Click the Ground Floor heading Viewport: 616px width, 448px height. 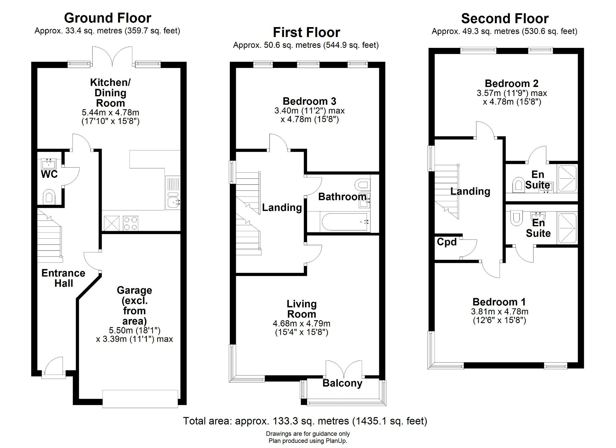click(x=107, y=18)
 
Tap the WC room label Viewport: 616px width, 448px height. click(x=49, y=174)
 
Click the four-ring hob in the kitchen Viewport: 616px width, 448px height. click(x=131, y=223)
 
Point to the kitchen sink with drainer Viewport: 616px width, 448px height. click(x=173, y=193)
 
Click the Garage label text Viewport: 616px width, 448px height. click(x=134, y=290)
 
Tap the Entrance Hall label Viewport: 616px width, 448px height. click(x=63, y=278)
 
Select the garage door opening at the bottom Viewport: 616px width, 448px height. click(x=140, y=399)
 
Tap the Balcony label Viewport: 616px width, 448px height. click(x=342, y=383)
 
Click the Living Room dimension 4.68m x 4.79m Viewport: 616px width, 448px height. click(x=301, y=324)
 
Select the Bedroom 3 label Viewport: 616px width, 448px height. click(x=309, y=101)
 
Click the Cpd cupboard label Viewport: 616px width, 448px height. click(x=447, y=242)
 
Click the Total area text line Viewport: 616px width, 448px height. click(x=305, y=421)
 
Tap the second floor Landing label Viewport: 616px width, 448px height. click(x=470, y=191)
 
